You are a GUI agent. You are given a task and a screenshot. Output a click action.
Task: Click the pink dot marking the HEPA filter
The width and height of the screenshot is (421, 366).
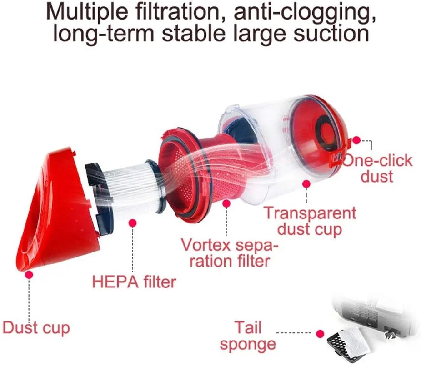[x=133, y=223]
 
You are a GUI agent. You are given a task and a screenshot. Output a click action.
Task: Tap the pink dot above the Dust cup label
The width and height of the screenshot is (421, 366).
[x=29, y=275]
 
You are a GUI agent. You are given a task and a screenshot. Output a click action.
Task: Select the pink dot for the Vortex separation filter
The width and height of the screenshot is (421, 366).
[x=226, y=204]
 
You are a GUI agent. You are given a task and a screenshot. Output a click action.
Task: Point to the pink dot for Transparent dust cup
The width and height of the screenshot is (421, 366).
[x=306, y=184]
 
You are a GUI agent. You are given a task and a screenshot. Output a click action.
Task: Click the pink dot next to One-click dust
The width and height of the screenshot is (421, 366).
[x=356, y=140]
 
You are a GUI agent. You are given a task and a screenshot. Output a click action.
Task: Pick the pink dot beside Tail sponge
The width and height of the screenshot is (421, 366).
[x=320, y=334]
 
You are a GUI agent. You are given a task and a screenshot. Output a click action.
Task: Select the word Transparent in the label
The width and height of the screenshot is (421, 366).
[x=310, y=213]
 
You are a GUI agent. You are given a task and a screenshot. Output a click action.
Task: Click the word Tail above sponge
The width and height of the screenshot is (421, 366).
[x=248, y=327]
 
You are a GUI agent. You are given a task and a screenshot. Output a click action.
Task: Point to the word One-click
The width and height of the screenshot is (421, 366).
[x=377, y=161]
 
